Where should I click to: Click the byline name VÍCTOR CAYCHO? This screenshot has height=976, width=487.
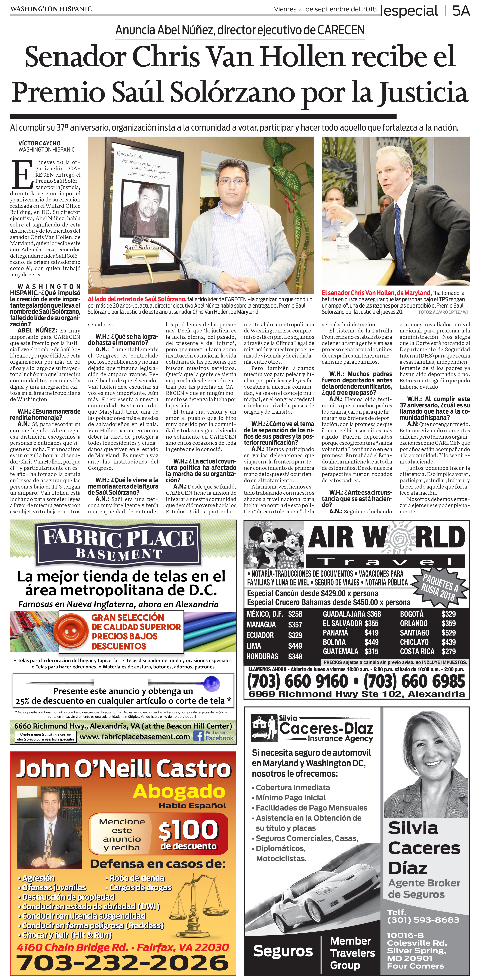(39, 143)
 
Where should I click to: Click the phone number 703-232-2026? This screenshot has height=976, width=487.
(122, 962)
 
